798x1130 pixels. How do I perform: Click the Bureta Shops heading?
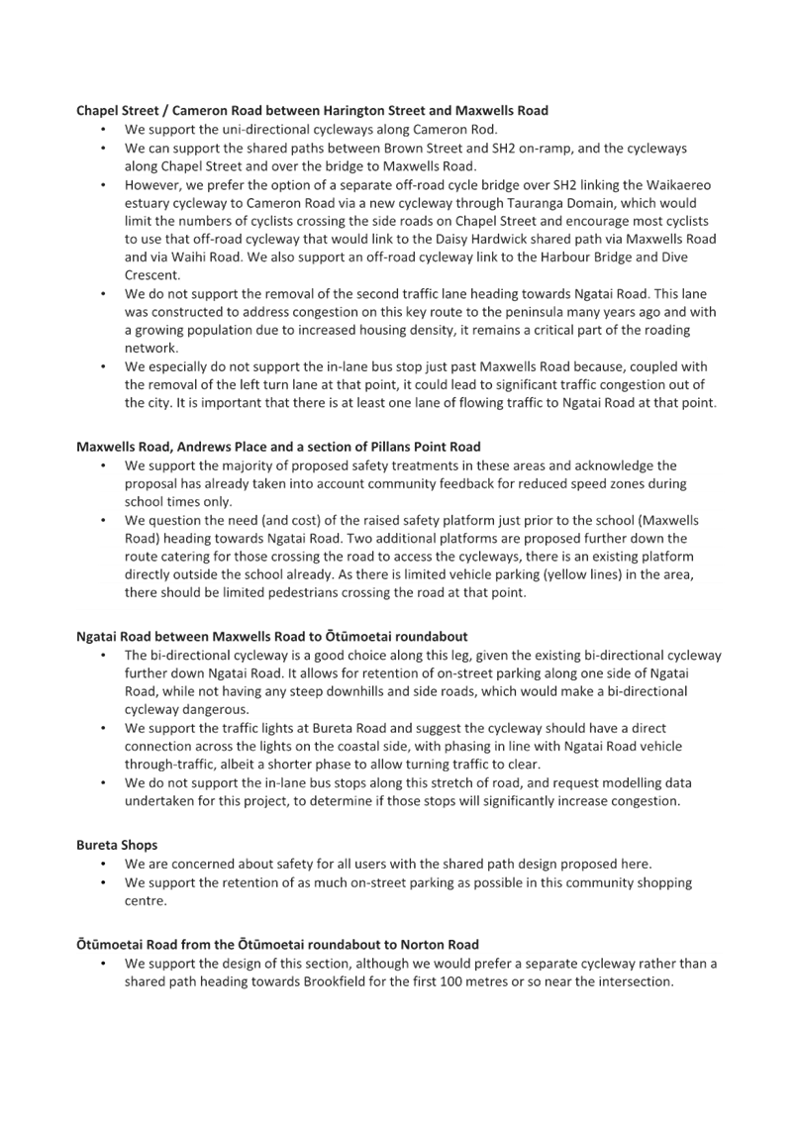[117, 845]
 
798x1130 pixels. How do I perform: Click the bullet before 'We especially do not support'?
[105, 366]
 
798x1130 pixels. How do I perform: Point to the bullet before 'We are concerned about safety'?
[105, 864]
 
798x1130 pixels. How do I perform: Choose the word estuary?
[147, 203]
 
